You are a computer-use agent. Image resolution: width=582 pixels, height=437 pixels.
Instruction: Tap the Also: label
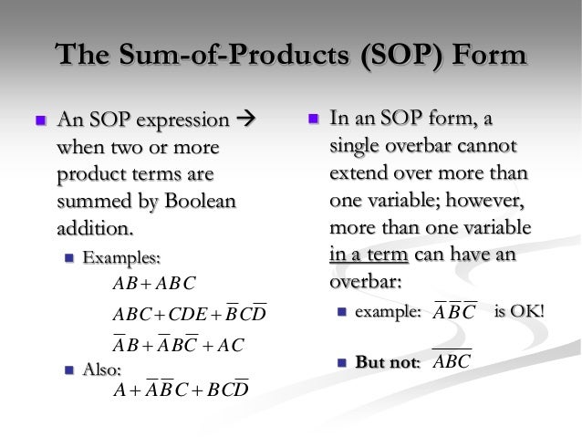[103, 369]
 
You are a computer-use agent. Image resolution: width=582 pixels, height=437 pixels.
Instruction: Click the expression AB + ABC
[153, 283]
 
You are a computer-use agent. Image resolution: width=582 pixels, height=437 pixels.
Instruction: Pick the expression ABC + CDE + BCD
[188, 315]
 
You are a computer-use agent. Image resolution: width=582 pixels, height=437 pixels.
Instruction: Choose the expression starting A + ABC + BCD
[180, 390]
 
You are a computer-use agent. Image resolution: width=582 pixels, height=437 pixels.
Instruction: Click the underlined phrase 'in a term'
[371, 255]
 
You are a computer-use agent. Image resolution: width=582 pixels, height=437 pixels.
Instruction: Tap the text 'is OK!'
[518, 313]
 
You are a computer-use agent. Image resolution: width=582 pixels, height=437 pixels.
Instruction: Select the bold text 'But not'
[384, 362]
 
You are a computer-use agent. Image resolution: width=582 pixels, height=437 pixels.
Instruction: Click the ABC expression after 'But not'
[451, 362]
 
